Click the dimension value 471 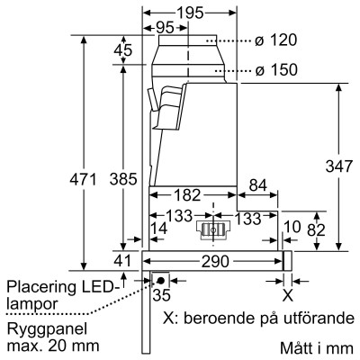click(82, 180)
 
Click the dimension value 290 click(213, 260)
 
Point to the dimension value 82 click(317, 229)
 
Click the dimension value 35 click(163, 293)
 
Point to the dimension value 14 click(159, 229)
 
